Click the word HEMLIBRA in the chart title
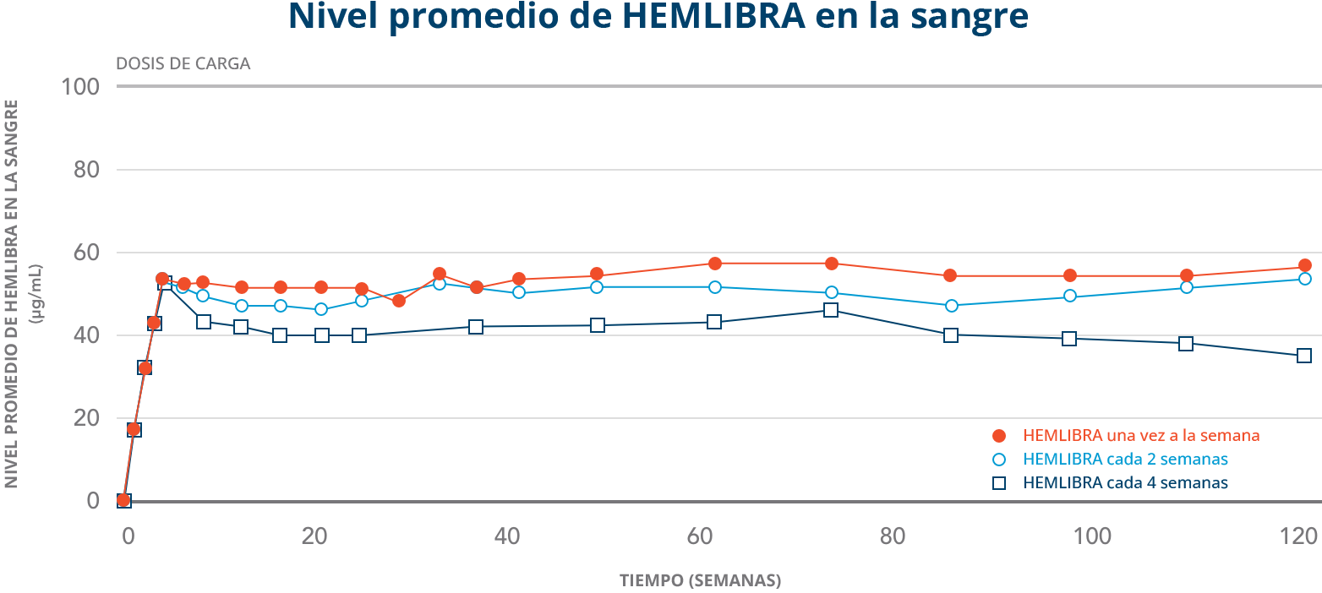click(x=713, y=17)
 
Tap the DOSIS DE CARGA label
click(x=183, y=64)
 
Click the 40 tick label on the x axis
click(x=506, y=536)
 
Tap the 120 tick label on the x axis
click(x=1299, y=536)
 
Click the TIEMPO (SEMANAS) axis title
click(x=700, y=581)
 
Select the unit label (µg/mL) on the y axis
click(x=36, y=293)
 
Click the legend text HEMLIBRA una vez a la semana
click(x=1141, y=436)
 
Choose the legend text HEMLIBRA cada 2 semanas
click(x=1125, y=460)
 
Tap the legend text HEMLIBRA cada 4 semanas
click(x=1125, y=483)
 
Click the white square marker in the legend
click(x=999, y=483)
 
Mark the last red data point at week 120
click(x=1304, y=265)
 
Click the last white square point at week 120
click(x=1304, y=356)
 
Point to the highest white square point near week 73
click(x=831, y=310)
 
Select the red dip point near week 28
click(x=399, y=301)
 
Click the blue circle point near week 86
click(x=951, y=306)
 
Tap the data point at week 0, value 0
click(x=123, y=501)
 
